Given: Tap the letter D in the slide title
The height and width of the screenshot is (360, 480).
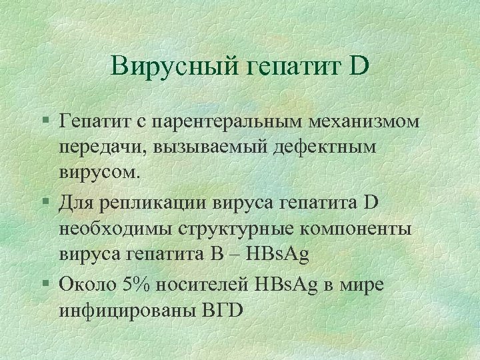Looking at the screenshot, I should pyautogui.click(x=357, y=66).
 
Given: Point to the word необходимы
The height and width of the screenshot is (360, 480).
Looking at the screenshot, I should pyautogui.click(x=114, y=228).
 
